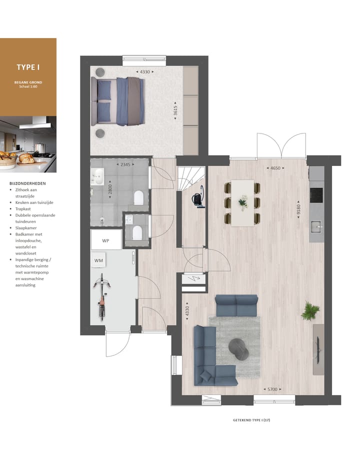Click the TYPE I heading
tap(28, 67)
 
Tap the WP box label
tap(105, 240)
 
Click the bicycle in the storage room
tap(102, 296)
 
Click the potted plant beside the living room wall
tap(310, 311)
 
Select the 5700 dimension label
tap(271, 389)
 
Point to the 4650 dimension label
tap(275, 168)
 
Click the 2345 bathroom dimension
tap(124, 164)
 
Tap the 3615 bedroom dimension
tap(175, 109)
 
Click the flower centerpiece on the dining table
tap(243, 202)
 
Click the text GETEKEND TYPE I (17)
tap(251, 419)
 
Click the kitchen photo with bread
tap(28, 144)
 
